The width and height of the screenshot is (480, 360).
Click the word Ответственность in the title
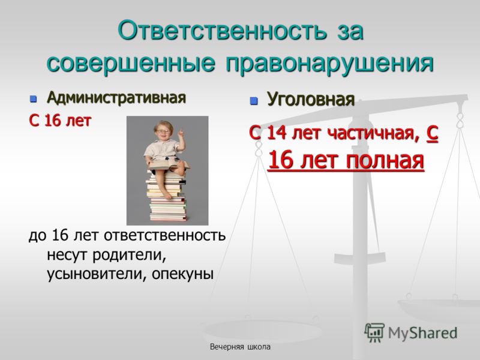[x=221, y=31]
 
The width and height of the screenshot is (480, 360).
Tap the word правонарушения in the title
[x=330, y=64]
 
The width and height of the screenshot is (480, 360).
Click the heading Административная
[x=116, y=98]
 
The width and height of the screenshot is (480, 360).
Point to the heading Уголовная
[x=311, y=99]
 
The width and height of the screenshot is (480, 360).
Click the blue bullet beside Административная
[x=33, y=99]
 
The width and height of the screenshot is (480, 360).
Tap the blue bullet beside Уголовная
[x=253, y=100]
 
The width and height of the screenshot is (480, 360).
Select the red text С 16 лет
[x=60, y=121]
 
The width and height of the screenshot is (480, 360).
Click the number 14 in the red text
[x=277, y=133]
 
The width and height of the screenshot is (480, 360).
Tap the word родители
[x=129, y=254]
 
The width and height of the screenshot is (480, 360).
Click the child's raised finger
[x=181, y=132]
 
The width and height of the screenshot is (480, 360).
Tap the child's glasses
[x=163, y=131]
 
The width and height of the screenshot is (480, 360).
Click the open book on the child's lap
[x=168, y=164]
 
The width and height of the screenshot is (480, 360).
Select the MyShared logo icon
[x=374, y=332]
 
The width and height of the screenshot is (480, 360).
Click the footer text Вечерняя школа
[x=240, y=347]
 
